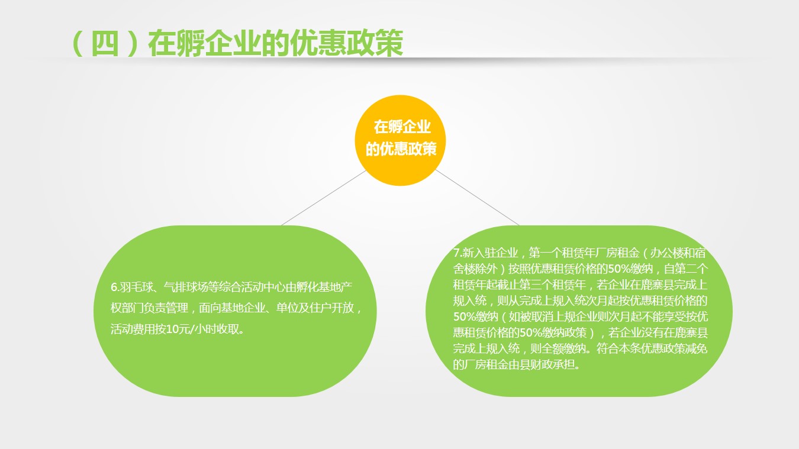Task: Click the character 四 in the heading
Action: [105, 43]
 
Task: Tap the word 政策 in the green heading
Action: [375, 43]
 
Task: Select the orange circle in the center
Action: [400, 140]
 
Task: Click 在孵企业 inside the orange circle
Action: [402, 127]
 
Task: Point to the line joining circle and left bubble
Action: [324, 198]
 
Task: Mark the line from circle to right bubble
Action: [477, 198]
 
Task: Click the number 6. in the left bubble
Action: [115, 287]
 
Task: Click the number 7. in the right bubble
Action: [458, 253]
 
